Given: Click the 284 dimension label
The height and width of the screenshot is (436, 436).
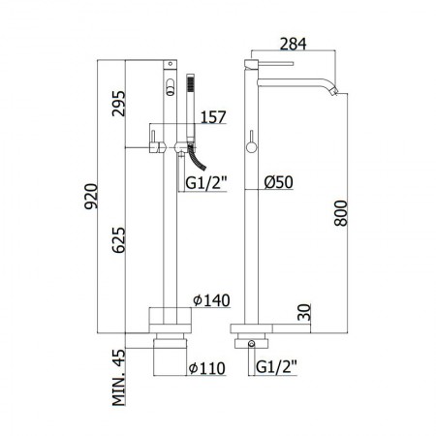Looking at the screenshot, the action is [x=293, y=44].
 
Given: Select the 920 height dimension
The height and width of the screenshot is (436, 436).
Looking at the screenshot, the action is [x=91, y=197].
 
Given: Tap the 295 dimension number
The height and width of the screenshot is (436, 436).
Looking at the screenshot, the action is [x=118, y=104].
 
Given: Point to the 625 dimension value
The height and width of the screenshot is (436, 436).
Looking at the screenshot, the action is [x=118, y=240].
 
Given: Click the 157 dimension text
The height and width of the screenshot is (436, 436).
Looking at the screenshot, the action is [x=213, y=117].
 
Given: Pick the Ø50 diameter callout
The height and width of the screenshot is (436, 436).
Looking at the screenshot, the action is [x=279, y=182].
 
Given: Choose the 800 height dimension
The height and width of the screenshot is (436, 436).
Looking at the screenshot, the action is [x=341, y=213].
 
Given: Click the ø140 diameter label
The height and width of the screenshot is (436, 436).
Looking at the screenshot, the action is [x=211, y=300].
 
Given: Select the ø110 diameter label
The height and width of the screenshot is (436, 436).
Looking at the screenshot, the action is [x=207, y=368].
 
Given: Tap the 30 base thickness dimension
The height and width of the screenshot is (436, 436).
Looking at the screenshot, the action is [x=304, y=312].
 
